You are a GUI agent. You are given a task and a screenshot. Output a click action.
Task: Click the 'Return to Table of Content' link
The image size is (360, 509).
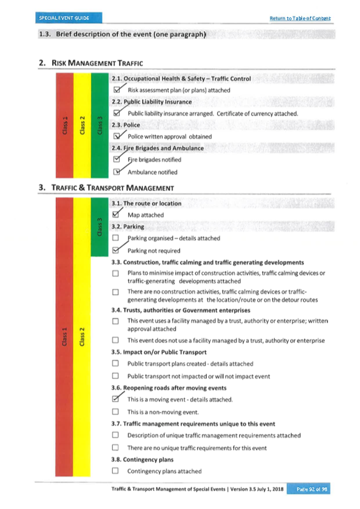300,18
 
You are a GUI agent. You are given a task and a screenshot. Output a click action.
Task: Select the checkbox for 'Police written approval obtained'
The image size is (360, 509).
117,137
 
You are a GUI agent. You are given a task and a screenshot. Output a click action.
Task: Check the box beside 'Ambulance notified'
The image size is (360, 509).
117,172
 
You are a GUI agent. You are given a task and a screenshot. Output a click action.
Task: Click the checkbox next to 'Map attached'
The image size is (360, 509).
116,214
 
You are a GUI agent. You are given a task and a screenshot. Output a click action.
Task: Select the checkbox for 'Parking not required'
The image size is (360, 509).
116,250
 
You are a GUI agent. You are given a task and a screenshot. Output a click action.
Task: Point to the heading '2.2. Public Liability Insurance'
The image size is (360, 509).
151,101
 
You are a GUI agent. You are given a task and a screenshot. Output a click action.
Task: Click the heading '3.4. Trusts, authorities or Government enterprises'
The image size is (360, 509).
181,310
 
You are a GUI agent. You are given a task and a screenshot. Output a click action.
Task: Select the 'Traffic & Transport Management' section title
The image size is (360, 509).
113,188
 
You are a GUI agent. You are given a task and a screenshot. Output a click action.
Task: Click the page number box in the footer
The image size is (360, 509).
308,489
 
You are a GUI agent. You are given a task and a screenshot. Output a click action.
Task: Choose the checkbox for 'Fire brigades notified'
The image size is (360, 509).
116,160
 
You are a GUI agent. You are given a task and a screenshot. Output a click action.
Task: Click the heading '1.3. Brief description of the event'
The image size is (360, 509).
122,35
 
